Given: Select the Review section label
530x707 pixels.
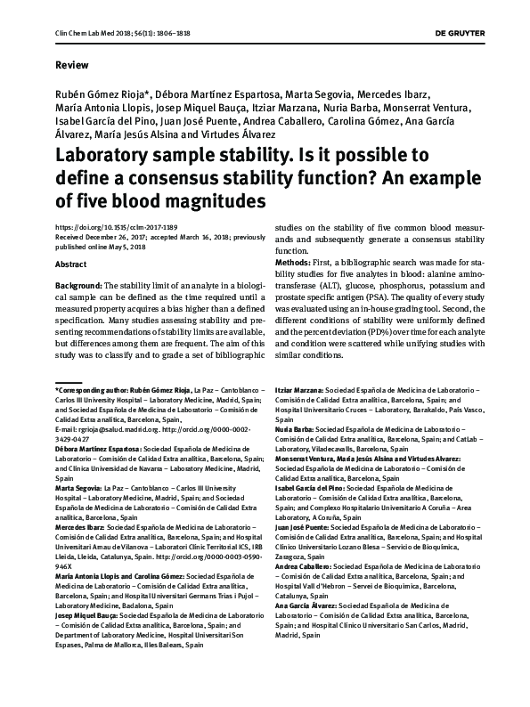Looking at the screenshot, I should tap(71, 66).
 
